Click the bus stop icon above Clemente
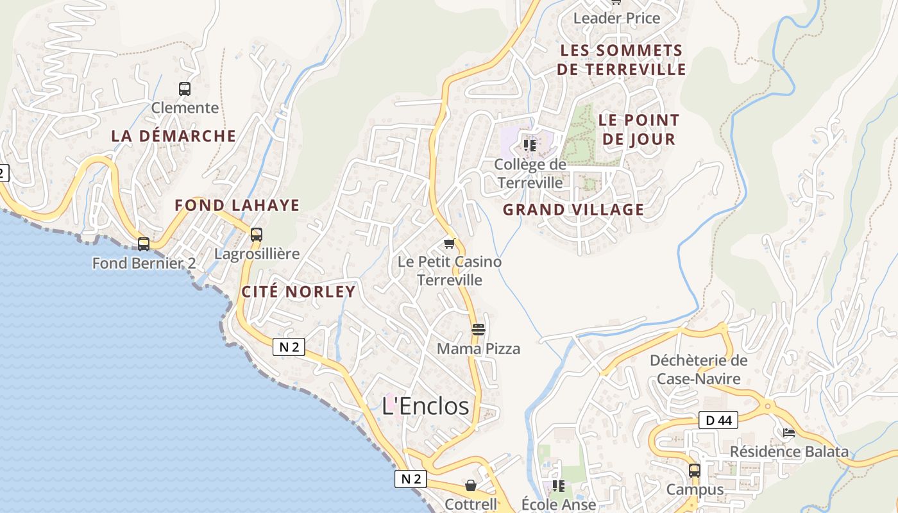tap(185, 89)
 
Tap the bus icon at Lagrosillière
tap(257, 235)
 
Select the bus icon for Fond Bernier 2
tap(144, 244)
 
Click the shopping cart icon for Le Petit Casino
tap(450, 243)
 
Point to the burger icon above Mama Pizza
tap(479, 330)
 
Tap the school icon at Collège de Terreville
tap(530, 146)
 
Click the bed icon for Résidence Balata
tap(789, 433)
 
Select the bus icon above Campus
tap(695, 471)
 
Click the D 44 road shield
tap(718, 421)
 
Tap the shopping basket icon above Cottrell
tap(471, 485)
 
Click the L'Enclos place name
tap(425, 406)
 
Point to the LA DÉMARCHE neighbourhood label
tap(174, 136)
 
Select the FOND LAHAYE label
tap(237, 205)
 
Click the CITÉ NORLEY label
tap(298, 292)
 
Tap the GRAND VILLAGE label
tap(573, 210)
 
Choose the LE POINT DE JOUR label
tap(639, 130)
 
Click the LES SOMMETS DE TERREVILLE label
tap(621, 60)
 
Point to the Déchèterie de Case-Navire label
tap(699, 369)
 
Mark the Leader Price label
tap(616, 18)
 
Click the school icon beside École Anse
tap(559, 486)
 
